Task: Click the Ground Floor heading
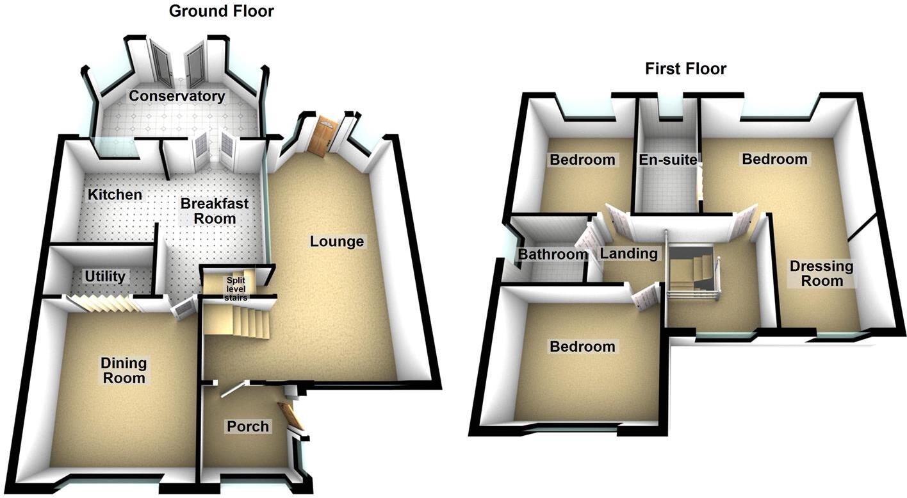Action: pyautogui.click(x=221, y=11)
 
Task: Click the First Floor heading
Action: pyautogui.click(x=685, y=69)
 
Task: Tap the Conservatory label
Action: pyautogui.click(x=177, y=97)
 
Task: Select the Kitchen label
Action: pyautogui.click(x=115, y=194)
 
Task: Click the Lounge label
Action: pyautogui.click(x=337, y=242)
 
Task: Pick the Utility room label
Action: pyautogui.click(x=106, y=276)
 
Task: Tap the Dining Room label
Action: pyautogui.click(x=124, y=370)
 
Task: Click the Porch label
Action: pyautogui.click(x=248, y=426)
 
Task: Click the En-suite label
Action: pyautogui.click(x=667, y=160)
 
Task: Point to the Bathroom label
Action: pyautogui.click(x=553, y=254)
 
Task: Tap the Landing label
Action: pyautogui.click(x=628, y=254)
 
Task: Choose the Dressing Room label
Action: pyautogui.click(x=822, y=273)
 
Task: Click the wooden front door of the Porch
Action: pyautogui.click(x=291, y=416)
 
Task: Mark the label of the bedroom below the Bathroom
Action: pyautogui.click(x=582, y=347)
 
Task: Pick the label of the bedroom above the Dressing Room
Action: pyautogui.click(x=775, y=159)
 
